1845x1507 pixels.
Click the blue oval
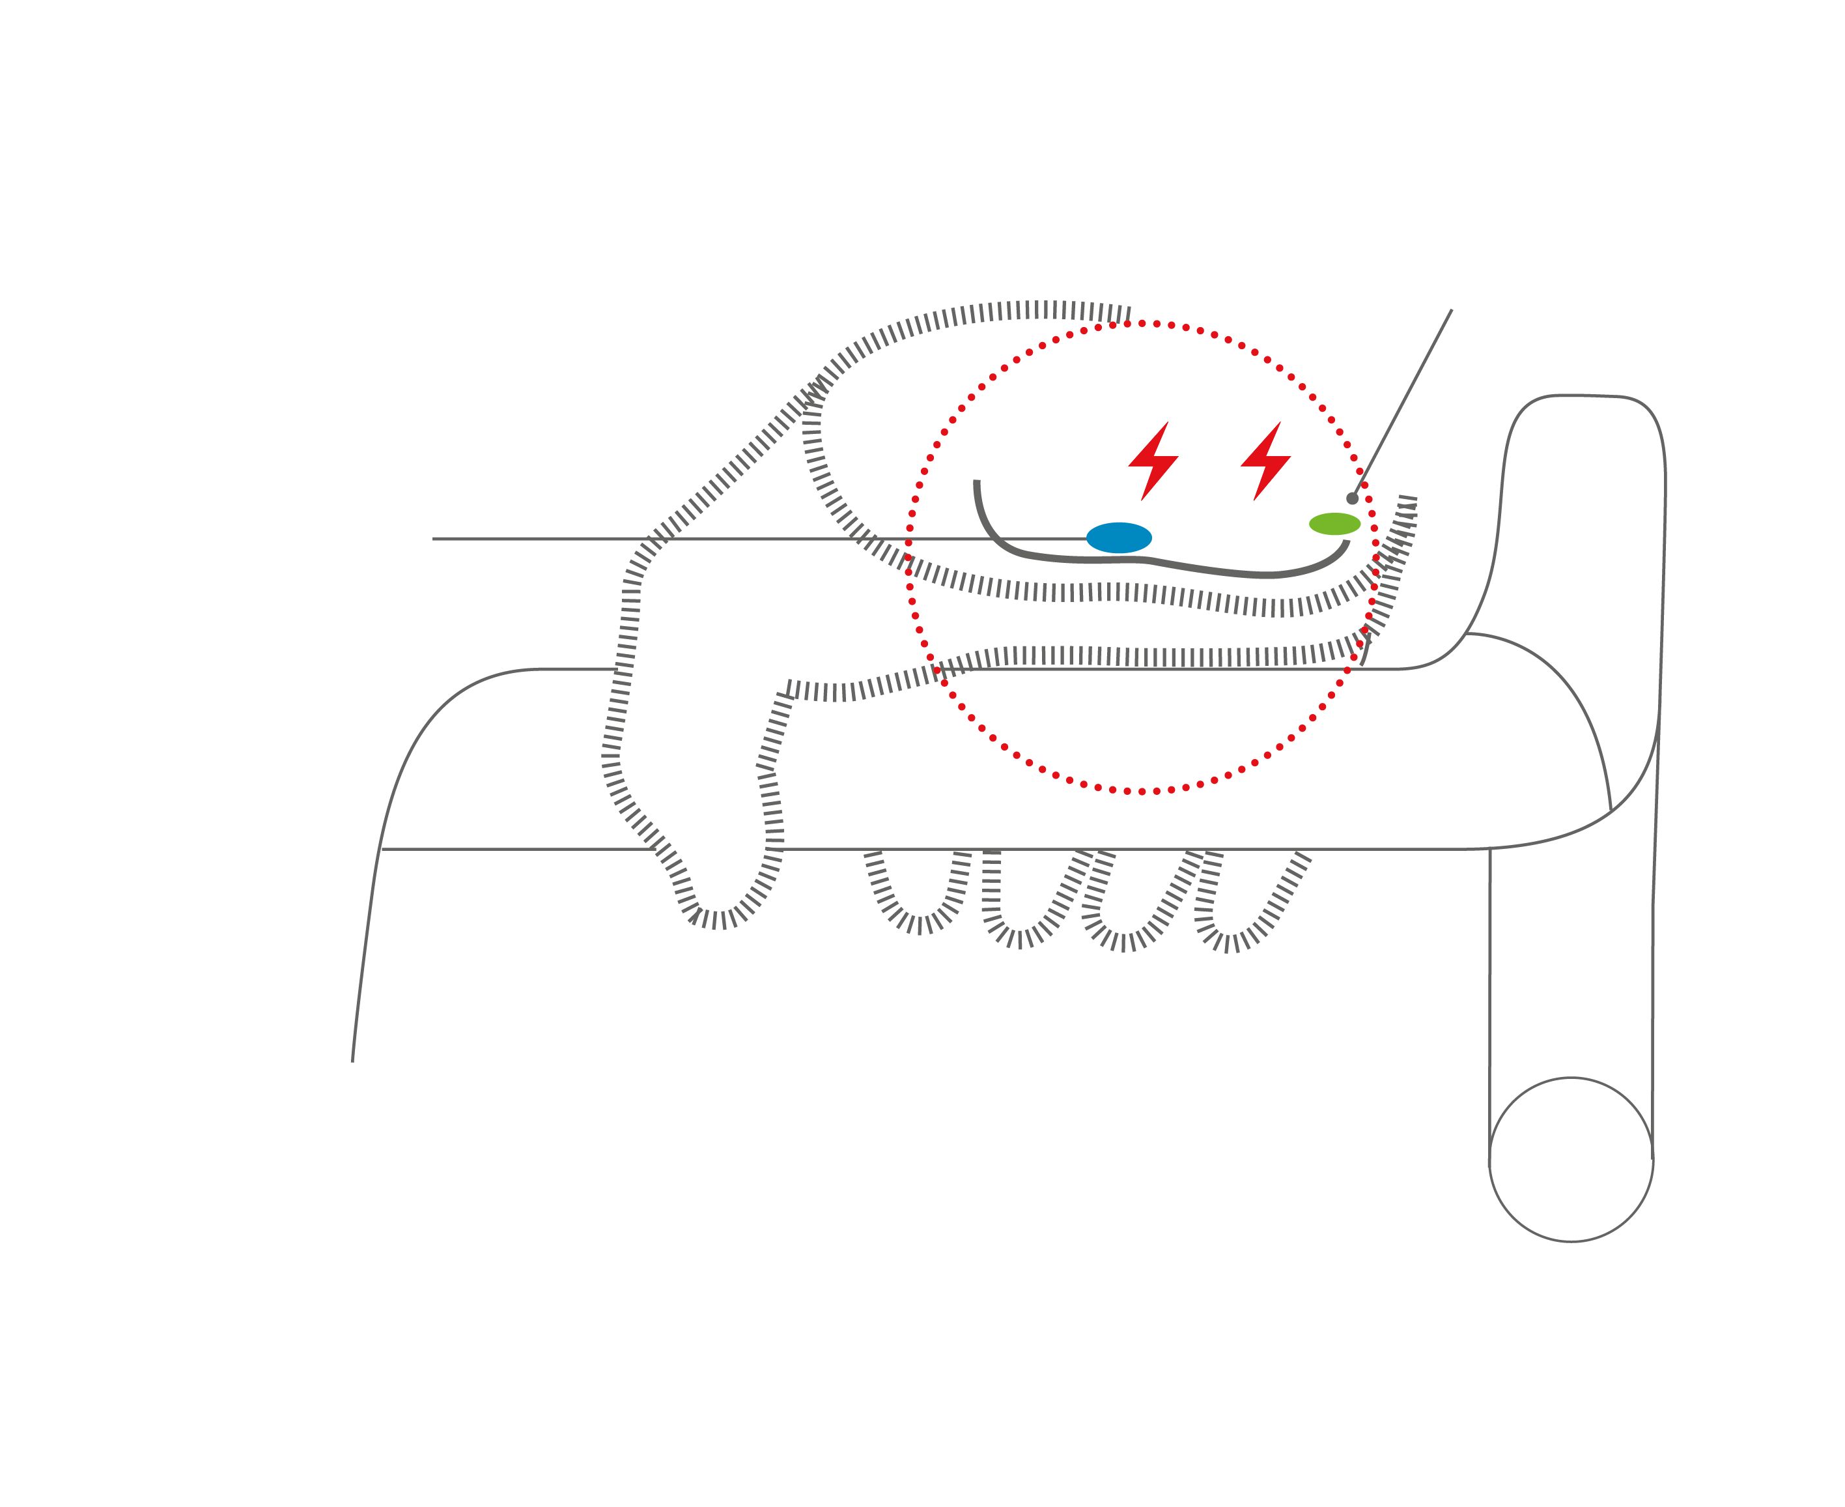point(1119,538)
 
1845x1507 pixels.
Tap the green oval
point(1334,523)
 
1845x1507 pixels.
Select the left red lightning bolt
point(1153,460)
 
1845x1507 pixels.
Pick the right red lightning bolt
point(1265,460)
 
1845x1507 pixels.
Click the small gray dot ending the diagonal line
point(1352,498)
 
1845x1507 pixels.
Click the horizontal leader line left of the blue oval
point(738,538)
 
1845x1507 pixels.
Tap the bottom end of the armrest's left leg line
point(352,1059)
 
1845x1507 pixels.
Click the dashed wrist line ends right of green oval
point(1407,504)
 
